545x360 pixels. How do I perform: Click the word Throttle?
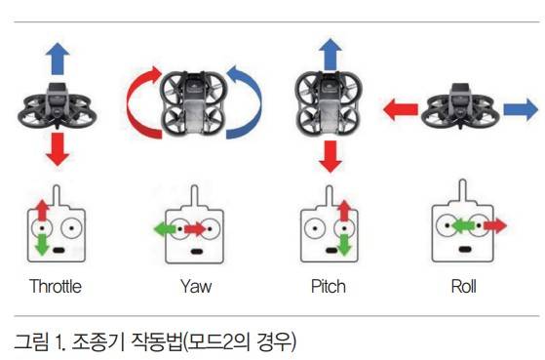tap(56, 287)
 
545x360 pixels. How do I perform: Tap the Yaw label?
tap(196, 287)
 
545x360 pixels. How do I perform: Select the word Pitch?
tap(329, 287)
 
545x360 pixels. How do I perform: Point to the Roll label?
tap(464, 287)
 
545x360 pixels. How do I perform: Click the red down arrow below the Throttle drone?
tap(58, 149)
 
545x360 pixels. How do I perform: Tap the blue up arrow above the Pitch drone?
tap(331, 55)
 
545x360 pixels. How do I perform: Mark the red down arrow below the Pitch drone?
tap(331, 156)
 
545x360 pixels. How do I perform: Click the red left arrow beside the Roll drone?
tap(401, 109)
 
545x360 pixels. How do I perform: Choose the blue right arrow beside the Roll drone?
tap(521, 109)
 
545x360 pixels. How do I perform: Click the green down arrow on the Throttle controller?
tap(42, 245)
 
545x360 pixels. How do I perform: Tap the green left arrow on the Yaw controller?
tap(165, 229)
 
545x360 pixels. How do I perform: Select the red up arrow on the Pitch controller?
tap(344, 211)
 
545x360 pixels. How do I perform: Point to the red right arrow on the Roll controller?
tap(495, 225)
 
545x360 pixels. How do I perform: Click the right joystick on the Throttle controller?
tap(71, 228)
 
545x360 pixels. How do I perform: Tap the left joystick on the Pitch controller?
tap(315, 228)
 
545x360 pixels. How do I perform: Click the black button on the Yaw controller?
tap(196, 251)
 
